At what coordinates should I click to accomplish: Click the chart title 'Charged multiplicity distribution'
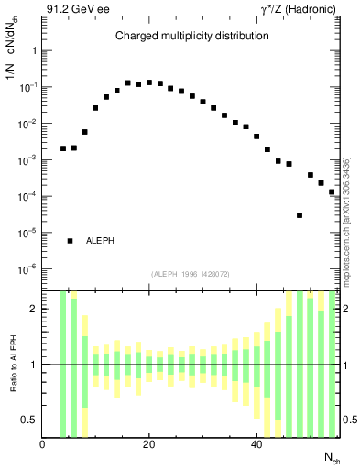click(x=191, y=37)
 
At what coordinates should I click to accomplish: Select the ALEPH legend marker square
click(x=70, y=241)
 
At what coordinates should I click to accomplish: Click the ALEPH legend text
click(x=101, y=241)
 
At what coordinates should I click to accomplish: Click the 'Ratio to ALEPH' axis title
click(x=13, y=364)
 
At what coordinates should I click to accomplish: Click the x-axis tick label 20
click(x=148, y=445)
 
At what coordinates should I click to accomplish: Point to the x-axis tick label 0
click(x=42, y=445)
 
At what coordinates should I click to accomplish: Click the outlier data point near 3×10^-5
click(x=300, y=215)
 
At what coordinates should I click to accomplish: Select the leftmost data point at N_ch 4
click(x=63, y=148)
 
